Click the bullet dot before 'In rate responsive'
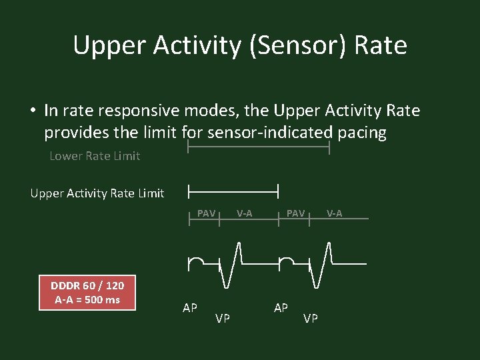31,111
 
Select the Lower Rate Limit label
95,156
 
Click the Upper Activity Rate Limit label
97,193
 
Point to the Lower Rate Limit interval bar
259,148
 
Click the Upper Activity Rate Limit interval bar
233,191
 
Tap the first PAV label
206,213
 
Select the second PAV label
295,213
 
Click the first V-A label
244,213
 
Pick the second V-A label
334,213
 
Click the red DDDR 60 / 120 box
87,293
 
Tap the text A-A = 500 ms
87,300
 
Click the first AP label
190,308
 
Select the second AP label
281,308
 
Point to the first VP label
223,319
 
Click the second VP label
311,319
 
